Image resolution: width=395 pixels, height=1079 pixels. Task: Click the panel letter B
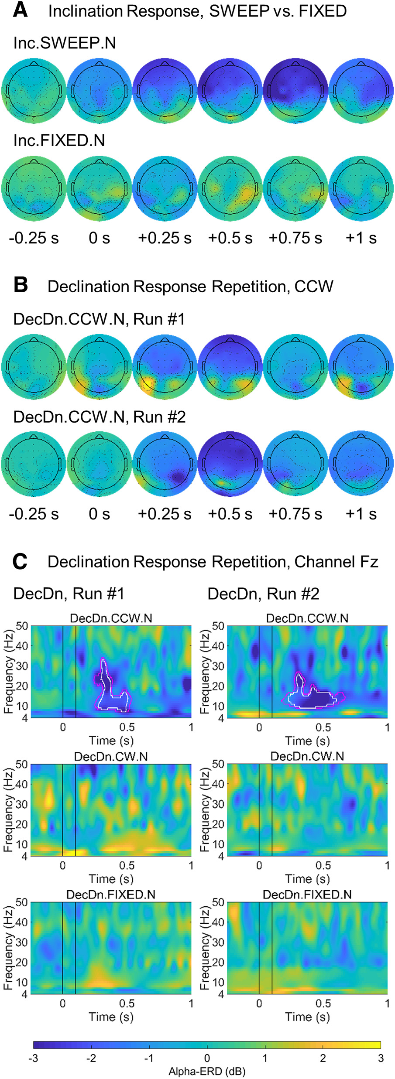(x=21, y=285)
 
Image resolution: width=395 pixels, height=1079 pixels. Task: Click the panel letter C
(x=20, y=562)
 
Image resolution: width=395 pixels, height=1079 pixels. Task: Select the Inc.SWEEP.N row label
(x=65, y=43)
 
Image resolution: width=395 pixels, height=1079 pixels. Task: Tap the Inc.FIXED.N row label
(x=59, y=140)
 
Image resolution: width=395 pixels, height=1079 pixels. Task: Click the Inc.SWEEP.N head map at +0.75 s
(x=296, y=91)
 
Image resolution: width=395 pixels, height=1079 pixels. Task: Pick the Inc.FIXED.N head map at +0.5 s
(x=230, y=188)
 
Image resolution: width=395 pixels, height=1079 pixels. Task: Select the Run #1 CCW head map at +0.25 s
(x=165, y=367)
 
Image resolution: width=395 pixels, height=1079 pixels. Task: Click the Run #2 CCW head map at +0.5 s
(x=230, y=464)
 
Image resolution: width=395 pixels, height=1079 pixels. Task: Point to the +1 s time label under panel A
(x=361, y=238)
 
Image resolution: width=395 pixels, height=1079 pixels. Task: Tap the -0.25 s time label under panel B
(x=34, y=514)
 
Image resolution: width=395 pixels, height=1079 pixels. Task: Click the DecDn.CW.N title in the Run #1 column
(x=111, y=757)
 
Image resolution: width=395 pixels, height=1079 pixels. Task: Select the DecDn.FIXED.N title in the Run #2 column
(x=307, y=895)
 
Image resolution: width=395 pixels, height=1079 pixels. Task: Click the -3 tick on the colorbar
(x=34, y=1058)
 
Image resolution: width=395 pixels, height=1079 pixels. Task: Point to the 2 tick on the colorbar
(x=323, y=1058)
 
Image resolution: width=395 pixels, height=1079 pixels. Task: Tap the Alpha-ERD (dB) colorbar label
(x=207, y=1071)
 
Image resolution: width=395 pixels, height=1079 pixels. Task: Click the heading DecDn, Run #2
(x=263, y=594)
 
